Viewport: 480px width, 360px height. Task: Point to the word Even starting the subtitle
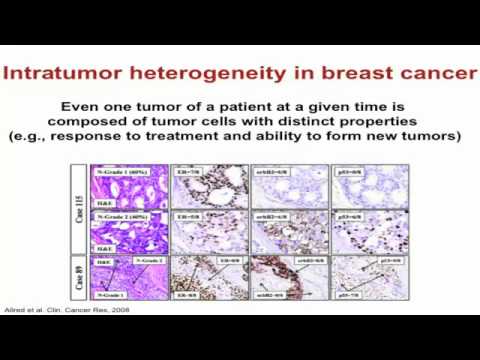click(x=80, y=107)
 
